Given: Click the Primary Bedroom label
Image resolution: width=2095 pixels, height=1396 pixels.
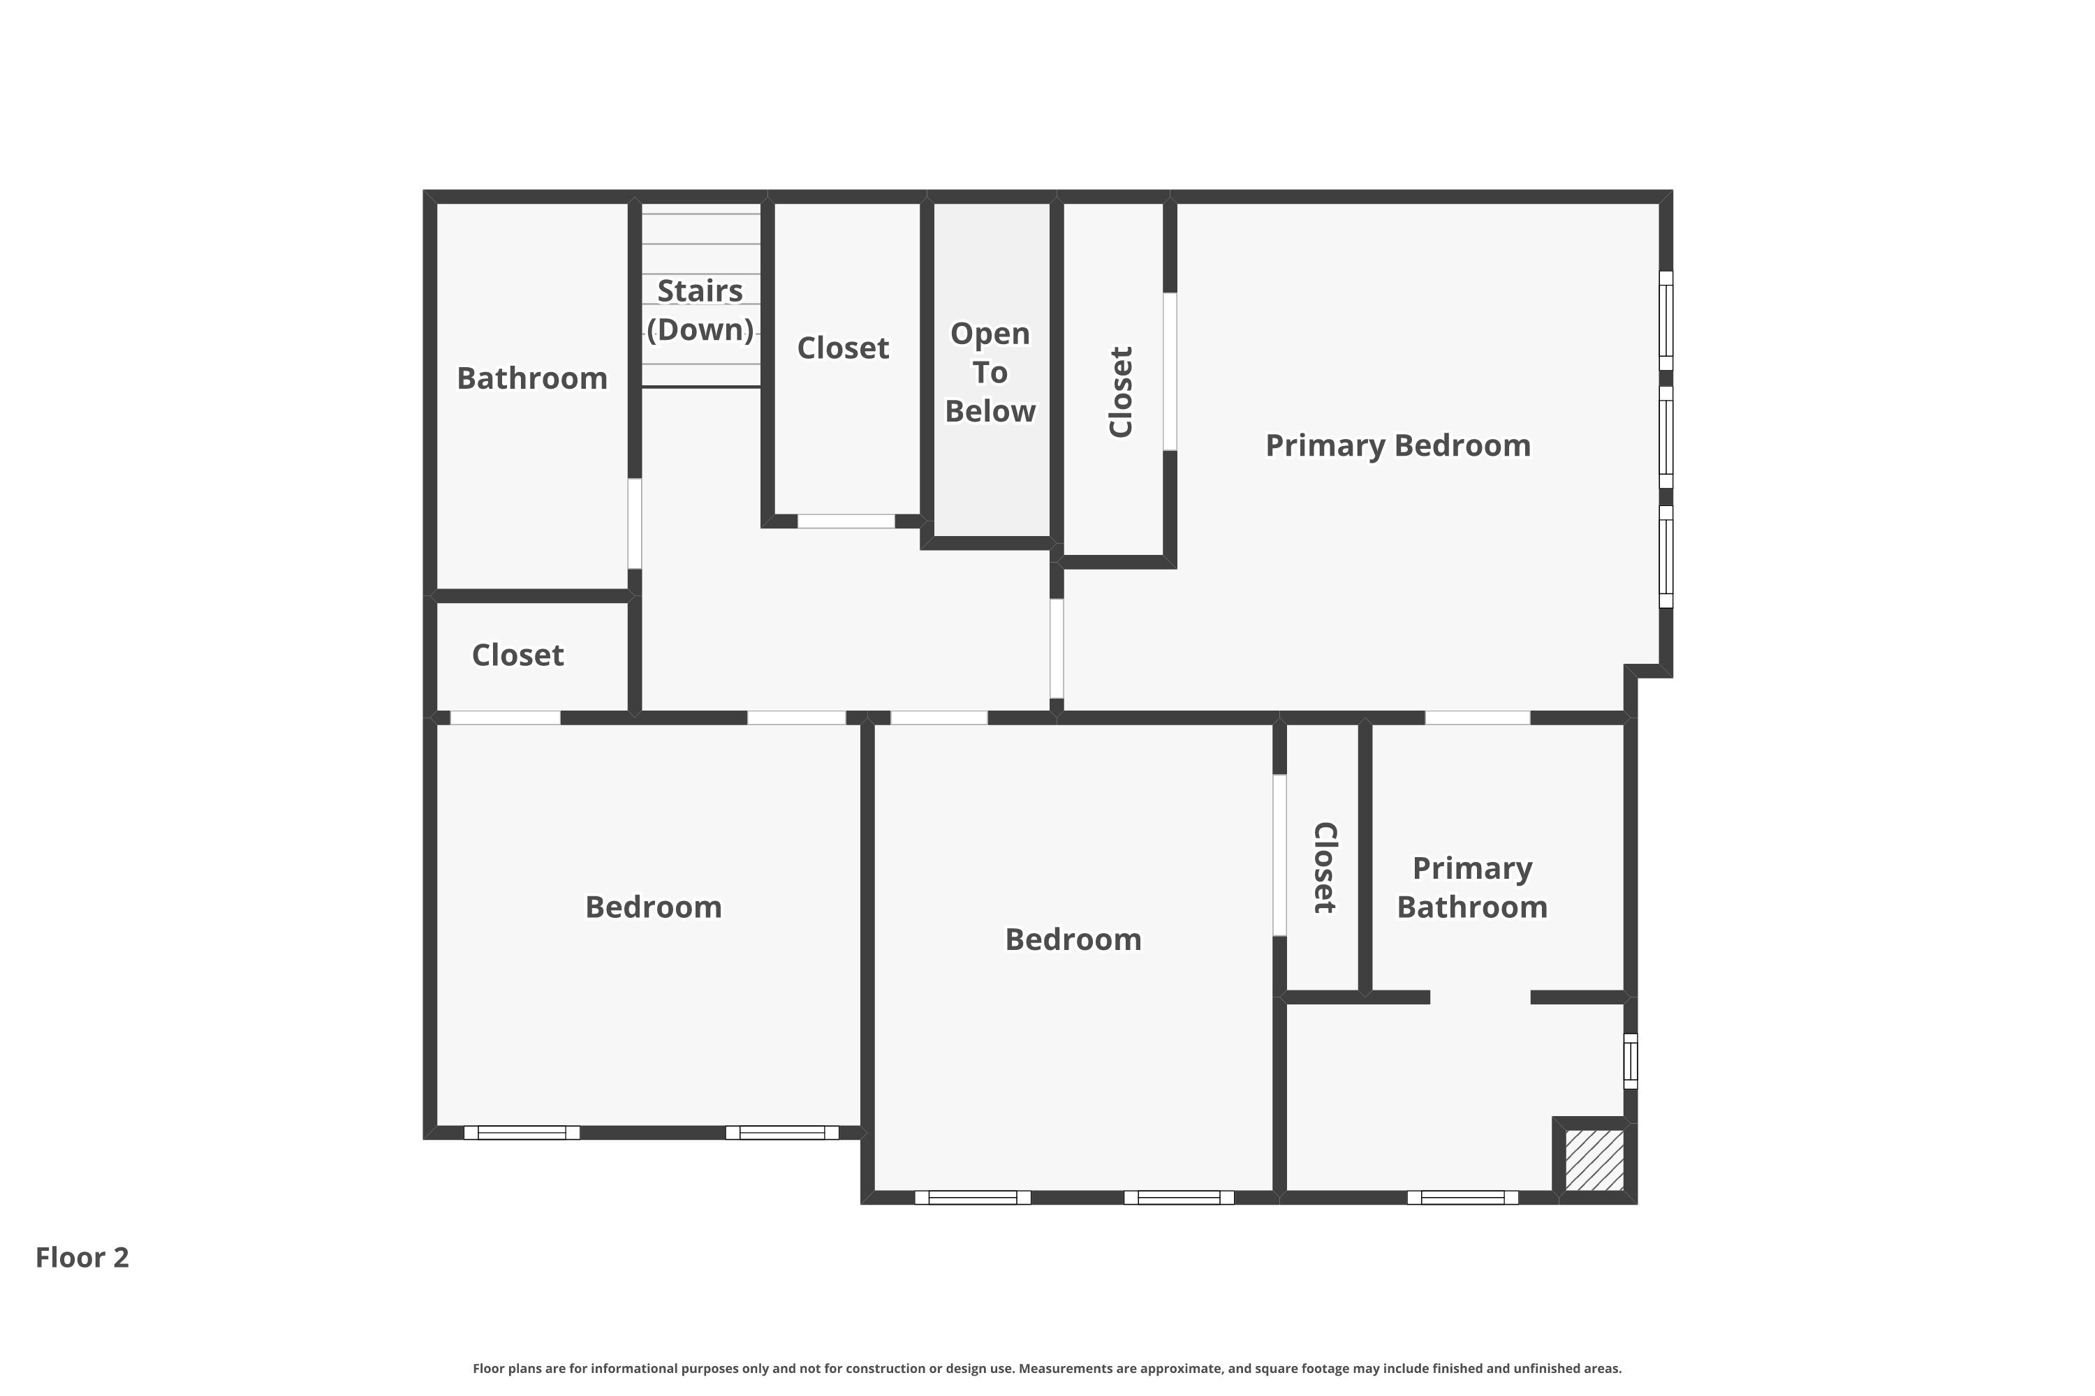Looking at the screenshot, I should pyautogui.click(x=1397, y=445).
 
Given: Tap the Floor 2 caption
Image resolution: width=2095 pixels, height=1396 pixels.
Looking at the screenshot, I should pyautogui.click(x=82, y=1257).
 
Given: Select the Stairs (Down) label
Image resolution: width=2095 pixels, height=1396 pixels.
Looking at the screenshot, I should pyautogui.click(x=700, y=310).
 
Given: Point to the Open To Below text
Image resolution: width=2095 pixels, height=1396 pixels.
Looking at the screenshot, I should pyautogui.click(x=990, y=372).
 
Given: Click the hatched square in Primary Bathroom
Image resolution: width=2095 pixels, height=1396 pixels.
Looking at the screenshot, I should pyautogui.click(x=1594, y=1160).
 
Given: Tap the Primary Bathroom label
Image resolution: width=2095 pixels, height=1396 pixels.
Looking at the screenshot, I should pyautogui.click(x=1471, y=888).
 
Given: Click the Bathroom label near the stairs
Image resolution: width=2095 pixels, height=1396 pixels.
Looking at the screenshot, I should pyautogui.click(x=531, y=378).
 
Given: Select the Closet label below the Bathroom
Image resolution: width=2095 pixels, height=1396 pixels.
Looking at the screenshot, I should pyautogui.click(x=517, y=655).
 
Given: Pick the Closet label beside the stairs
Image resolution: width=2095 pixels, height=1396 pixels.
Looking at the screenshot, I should pyautogui.click(x=843, y=348).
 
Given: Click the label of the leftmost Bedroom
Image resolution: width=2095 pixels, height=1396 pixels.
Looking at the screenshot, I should pyautogui.click(x=653, y=907).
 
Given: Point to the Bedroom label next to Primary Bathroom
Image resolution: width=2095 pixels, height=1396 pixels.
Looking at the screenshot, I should pyautogui.click(x=1073, y=940).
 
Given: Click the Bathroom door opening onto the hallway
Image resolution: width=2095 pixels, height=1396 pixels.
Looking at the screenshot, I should pyautogui.click(x=634, y=523).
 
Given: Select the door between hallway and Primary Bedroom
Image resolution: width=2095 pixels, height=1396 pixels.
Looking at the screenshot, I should pyautogui.click(x=1057, y=648).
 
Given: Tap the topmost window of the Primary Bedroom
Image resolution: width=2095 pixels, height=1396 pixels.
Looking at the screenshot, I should pyautogui.click(x=1666, y=320).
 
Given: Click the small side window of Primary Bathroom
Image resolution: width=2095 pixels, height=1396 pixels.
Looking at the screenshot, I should pyautogui.click(x=1630, y=1060).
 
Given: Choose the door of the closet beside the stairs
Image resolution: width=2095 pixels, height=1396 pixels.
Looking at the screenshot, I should pyautogui.click(x=845, y=521).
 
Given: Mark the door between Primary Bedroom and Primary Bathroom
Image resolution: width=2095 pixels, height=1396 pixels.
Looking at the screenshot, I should pyautogui.click(x=1478, y=718).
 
